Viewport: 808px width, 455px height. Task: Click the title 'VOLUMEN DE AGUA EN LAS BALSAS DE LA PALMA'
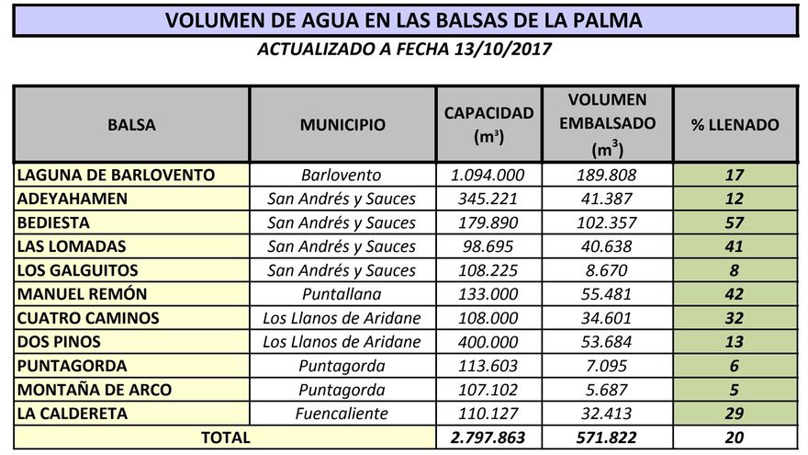(404, 19)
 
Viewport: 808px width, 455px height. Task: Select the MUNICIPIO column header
(342, 125)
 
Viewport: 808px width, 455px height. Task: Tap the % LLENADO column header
(734, 125)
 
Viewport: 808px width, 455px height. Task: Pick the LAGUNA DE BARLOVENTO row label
(116, 175)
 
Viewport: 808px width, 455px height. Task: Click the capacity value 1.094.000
(488, 175)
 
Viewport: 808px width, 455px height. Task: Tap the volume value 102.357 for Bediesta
(607, 222)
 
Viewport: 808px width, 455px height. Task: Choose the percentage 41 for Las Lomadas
(734, 246)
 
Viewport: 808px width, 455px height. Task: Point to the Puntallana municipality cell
(342, 294)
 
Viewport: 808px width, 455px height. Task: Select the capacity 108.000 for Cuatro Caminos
(488, 318)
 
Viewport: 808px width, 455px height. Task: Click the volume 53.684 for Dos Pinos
(607, 342)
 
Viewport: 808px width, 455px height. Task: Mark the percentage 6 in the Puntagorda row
(734, 366)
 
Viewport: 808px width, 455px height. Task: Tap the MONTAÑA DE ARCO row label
(94, 390)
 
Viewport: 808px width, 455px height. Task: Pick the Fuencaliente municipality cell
(342, 414)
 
